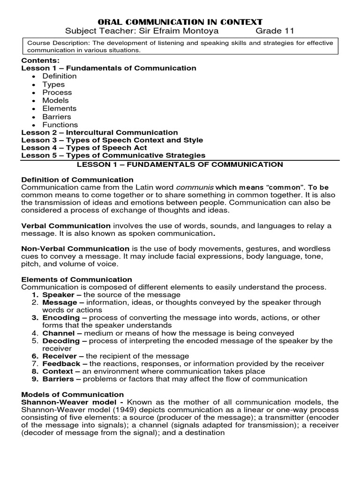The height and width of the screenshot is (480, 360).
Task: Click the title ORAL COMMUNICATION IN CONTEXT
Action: [180, 22]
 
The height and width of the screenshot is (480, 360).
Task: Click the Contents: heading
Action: [40, 60]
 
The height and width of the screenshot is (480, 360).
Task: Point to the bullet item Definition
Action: [60, 76]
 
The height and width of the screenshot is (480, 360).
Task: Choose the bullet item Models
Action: [55, 100]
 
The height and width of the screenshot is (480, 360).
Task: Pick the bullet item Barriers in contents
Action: [57, 117]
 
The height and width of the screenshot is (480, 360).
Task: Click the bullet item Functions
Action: [60, 125]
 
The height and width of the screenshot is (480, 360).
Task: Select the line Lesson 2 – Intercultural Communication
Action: [99, 133]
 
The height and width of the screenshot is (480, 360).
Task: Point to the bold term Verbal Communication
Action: [66, 225]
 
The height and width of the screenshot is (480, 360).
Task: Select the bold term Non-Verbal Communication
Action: [75, 248]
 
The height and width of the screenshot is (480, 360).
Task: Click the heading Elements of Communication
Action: [77, 279]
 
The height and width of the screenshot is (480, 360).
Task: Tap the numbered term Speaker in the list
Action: [59, 295]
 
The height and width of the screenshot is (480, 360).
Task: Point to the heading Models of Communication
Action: [73, 394]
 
